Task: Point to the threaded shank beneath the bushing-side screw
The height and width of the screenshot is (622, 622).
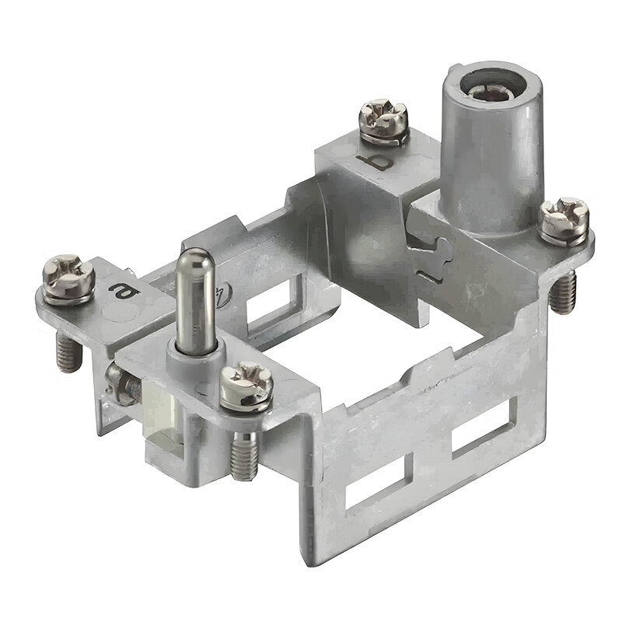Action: pos(563,291)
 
